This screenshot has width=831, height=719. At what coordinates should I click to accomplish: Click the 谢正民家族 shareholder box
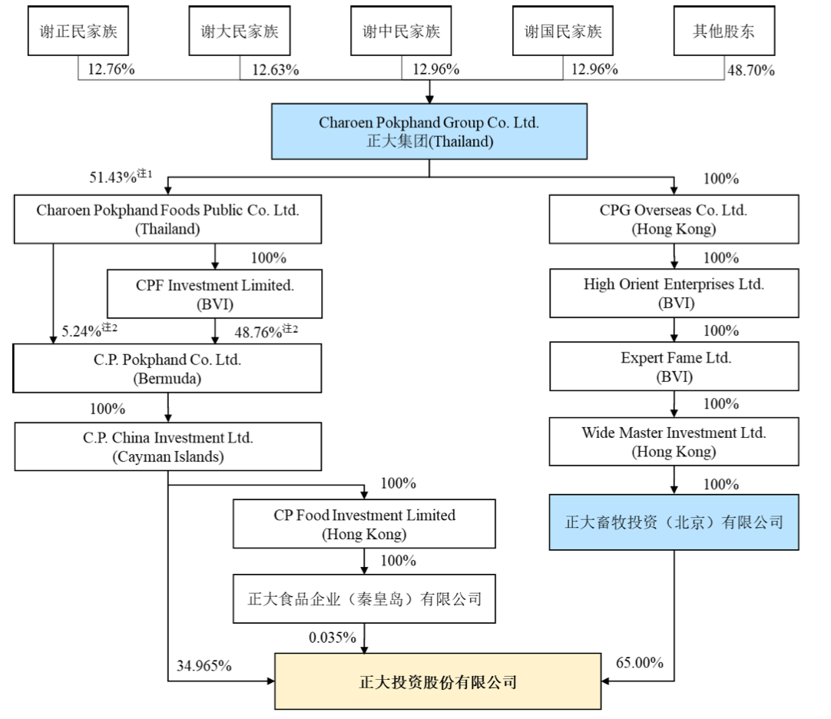click(x=78, y=31)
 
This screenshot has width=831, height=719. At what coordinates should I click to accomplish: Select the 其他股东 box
click(x=723, y=31)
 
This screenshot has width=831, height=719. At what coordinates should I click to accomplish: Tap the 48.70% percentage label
click(x=750, y=70)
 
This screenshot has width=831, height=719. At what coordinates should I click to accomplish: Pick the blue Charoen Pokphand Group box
click(x=429, y=132)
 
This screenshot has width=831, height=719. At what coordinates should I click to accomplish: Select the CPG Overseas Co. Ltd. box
click(x=674, y=220)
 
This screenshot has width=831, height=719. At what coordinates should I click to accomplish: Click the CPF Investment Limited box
click(x=215, y=293)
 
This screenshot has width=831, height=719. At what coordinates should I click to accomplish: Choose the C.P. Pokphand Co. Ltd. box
click(x=167, y=368)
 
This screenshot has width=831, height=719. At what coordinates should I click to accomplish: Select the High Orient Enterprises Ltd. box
click(x=674, y=293)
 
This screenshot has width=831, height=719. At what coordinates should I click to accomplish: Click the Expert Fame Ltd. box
click(x=674, y=367)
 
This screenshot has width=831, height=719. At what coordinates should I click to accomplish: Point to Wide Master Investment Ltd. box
click(x=674, y=441)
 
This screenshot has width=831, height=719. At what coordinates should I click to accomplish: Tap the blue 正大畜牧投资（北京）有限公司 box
click(x=674, y=523)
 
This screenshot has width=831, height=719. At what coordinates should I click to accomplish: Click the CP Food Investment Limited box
click(x=364, y=524)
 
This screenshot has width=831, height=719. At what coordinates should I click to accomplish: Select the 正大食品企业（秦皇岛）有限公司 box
click(x=364, y=598)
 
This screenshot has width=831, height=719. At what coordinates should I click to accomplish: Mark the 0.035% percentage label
click(x=333, y=638)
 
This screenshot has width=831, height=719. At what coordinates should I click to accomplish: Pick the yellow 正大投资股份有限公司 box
click(x=438, y=681)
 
